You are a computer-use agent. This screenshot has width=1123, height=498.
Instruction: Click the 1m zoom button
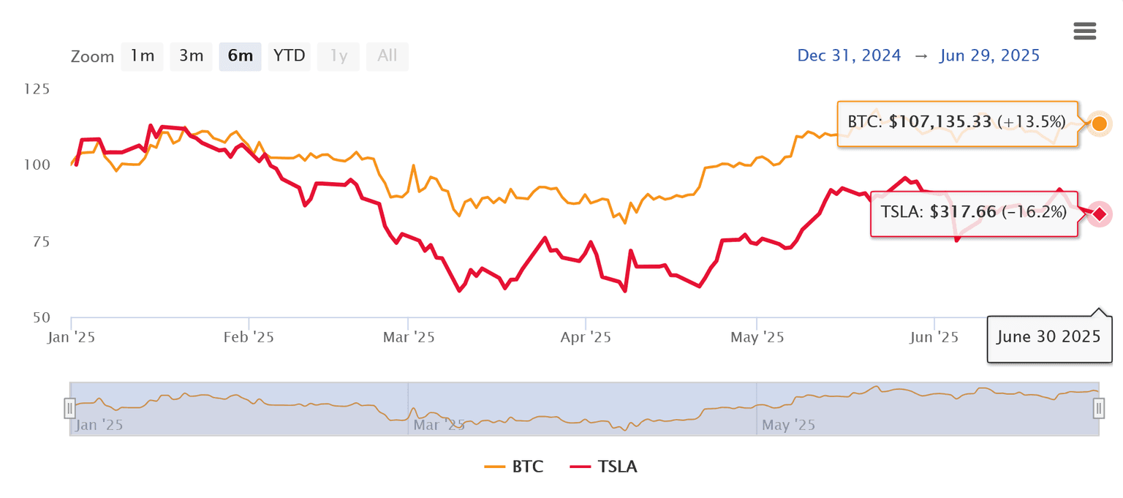coord(142,56)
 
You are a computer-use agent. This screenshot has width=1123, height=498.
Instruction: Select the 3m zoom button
coord(191,56)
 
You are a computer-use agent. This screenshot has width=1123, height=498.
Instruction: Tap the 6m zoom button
coord(240,56)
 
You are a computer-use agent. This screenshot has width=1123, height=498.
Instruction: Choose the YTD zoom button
coord(290,56)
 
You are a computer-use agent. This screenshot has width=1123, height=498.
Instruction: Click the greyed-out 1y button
coord(339,56)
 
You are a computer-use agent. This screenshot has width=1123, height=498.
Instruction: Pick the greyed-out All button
coord(387,56)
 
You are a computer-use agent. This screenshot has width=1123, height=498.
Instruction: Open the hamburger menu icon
coord(1084,31)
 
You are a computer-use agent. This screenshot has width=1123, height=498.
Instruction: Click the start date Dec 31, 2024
coord(849,56)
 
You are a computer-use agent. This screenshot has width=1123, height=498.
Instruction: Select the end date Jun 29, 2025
coord(988,56)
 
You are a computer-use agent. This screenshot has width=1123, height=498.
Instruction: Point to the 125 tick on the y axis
coord(58,89)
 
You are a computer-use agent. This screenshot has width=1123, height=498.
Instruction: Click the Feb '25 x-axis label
coord(249,338)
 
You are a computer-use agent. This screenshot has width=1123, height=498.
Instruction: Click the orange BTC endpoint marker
coord(1098,124)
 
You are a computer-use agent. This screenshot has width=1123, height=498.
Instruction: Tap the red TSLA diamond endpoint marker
coord(1098,214)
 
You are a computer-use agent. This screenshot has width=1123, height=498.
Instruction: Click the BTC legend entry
coord(514,467)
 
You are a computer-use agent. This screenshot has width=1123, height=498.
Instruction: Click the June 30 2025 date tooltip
coord(1049,337)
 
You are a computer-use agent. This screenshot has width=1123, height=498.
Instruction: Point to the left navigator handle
coord(69,408)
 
